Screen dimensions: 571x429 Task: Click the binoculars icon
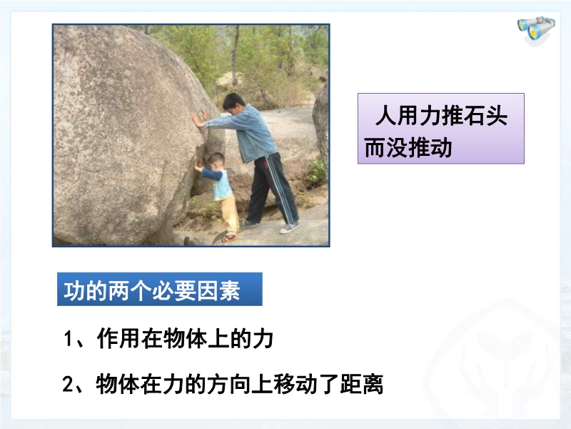tap(536, 30)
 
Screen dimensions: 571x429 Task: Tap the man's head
tap(233, 102)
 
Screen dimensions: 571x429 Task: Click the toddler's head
tap(216, 161)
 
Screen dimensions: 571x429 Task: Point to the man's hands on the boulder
tap(200, 119)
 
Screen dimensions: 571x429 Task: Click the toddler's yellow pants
tap(230, 214)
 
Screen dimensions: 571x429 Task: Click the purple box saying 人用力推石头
tap(440, 129)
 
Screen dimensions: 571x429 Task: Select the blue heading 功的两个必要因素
tap(159, 289)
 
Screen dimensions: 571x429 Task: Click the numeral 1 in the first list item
tap(68, 339)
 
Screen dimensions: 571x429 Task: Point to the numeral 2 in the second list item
tap(68, 384)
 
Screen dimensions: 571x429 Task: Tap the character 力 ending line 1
tap(263, 338)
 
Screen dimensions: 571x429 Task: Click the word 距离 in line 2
tap(362, 384)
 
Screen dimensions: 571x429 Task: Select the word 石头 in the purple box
tap(485, 116)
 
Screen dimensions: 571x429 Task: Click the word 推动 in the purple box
tap(430, 148)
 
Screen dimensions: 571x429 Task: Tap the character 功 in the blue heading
tap(74, 291)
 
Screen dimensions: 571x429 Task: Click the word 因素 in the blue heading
tap(218, 291)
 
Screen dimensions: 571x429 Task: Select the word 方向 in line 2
tap(229, 384)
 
